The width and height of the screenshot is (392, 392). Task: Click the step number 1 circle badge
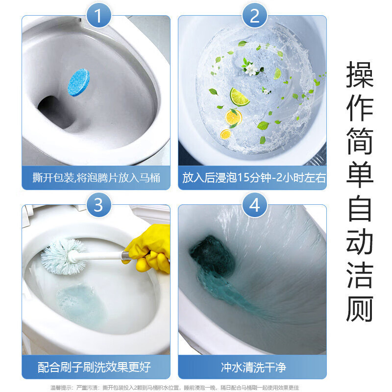(x=98, y=15)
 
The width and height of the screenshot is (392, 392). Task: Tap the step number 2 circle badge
(x=254, y=15)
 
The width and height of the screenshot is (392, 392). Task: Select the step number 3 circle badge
(x=98, y=205)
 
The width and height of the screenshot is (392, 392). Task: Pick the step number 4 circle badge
(x=254, y=205)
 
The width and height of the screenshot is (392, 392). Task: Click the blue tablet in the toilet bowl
(x=78, y=82)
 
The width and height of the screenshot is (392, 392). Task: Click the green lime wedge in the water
(x=239, y=97)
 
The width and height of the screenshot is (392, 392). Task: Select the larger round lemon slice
(x=233, y=117)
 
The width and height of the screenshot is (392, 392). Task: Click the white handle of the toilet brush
(x=99, y=256)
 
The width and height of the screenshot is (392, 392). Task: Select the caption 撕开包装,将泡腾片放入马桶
(x=96, y=178)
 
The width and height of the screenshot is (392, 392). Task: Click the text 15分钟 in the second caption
(x=254, y=178)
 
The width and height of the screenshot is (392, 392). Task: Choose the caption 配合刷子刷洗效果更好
(x=94, y=367)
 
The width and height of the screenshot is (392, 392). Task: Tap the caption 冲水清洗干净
(x=253, y=367)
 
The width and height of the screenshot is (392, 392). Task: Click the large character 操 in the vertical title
(x=360, y=74)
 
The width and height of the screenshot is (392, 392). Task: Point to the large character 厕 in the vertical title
(x=360, y=309)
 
